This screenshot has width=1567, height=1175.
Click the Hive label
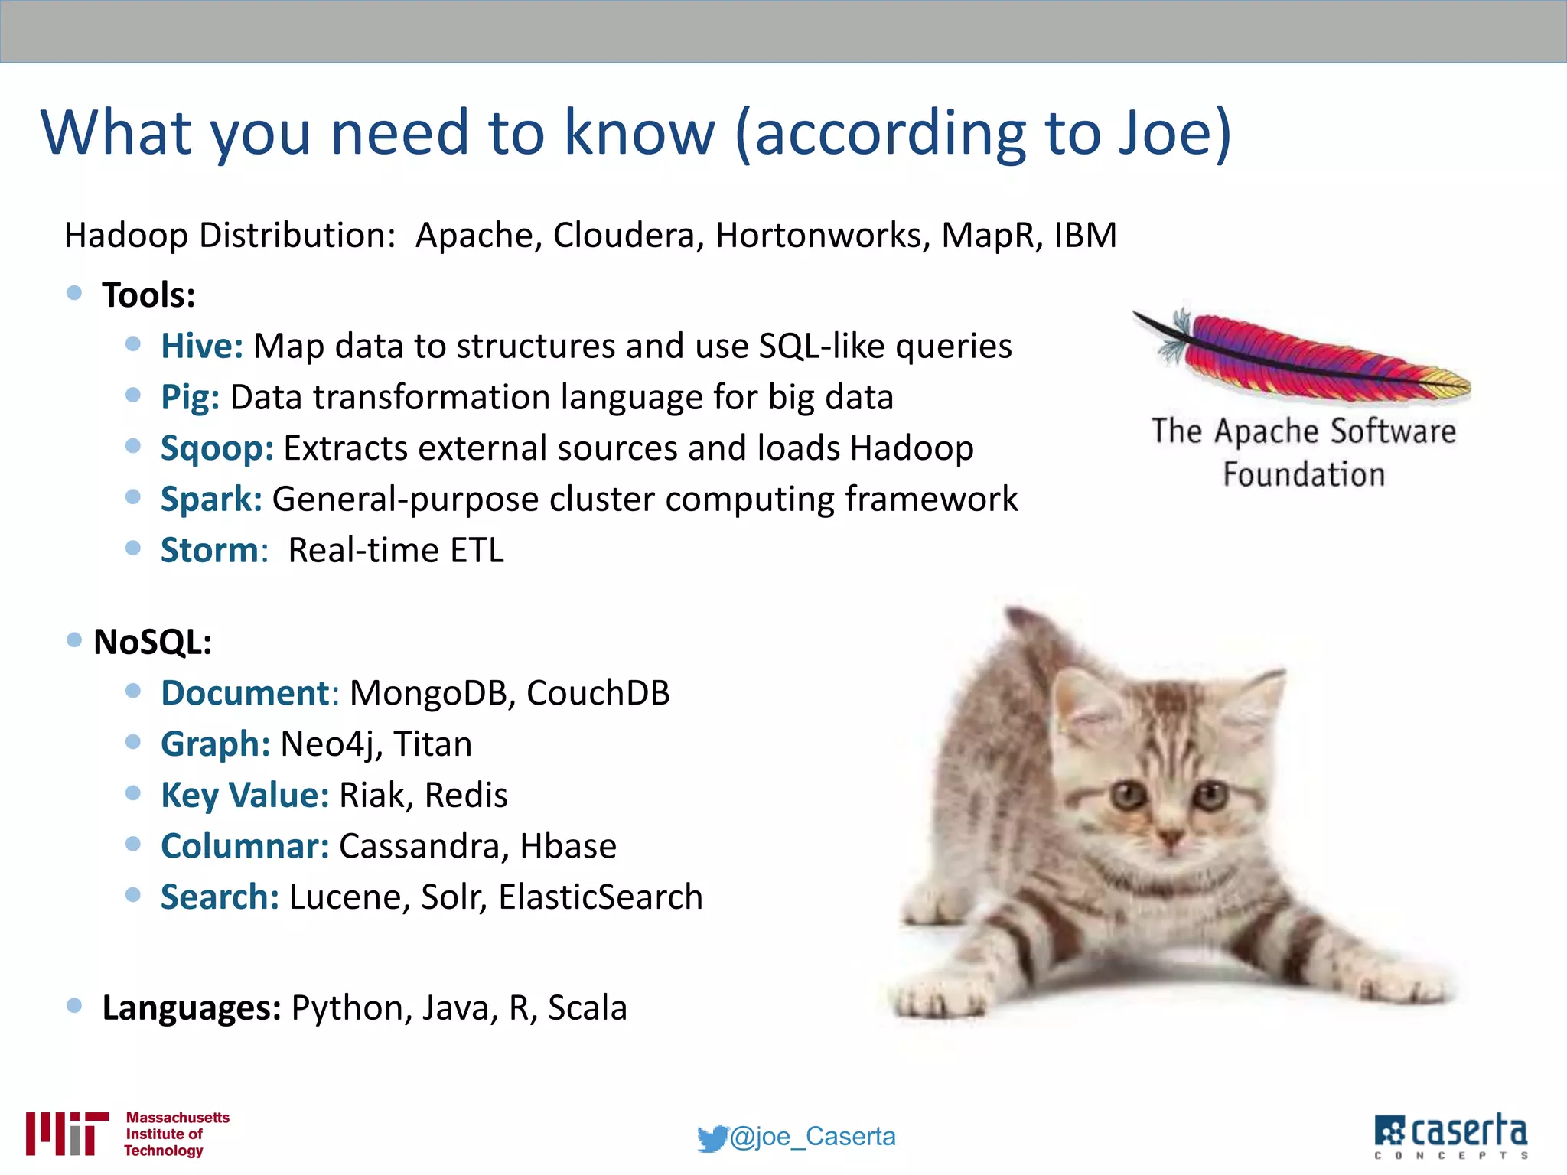coord(201,346)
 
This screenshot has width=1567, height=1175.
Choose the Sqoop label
coord(217,448)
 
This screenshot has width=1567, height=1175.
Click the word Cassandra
coord(423,846)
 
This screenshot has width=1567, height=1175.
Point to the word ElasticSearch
coord(601,897)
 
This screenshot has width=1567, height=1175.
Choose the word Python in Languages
coord(346,1008)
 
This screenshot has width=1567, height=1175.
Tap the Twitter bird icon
coord(712,1138)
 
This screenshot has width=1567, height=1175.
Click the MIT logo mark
coord(67,1133)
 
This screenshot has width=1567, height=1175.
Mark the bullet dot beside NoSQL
coord(74,640)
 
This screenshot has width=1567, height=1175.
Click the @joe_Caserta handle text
coord(813,1137)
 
